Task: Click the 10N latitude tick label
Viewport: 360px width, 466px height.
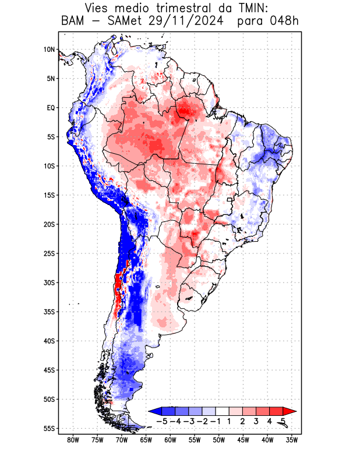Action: (49, 50)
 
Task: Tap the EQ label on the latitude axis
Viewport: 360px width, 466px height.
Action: (50, 108)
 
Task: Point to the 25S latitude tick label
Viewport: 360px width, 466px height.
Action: (49, 253)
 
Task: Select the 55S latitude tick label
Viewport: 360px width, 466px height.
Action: (49, 428)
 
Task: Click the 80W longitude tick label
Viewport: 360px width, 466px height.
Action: (73, 440)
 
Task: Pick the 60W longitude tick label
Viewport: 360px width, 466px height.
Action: (171, 440)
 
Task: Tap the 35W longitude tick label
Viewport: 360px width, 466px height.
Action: (292, 440)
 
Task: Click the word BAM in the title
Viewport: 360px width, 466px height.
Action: (73, 22)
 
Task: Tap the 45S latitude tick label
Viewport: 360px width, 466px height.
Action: (49, 370)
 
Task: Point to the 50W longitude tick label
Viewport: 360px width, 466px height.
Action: (219, 440)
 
